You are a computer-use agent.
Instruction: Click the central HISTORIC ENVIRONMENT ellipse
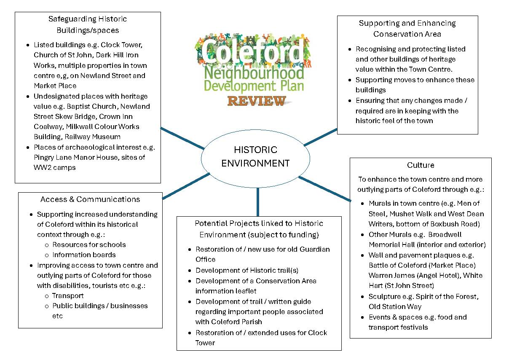255,157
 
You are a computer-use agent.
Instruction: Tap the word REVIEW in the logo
256,101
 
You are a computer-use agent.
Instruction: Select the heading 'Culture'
421,165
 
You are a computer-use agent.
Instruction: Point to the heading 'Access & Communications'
90,199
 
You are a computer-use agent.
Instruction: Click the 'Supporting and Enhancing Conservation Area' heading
407,29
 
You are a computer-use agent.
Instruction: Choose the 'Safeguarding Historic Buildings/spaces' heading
88,24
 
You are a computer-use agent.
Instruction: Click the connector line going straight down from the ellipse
257,201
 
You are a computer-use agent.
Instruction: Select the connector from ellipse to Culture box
324,188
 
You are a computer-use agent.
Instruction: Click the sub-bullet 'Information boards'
84,255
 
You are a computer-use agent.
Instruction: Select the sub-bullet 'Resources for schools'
89,244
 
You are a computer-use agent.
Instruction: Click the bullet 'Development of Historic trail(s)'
246,270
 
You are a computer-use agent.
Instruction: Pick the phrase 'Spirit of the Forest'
446,296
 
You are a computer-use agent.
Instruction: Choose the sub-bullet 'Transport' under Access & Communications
68,296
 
